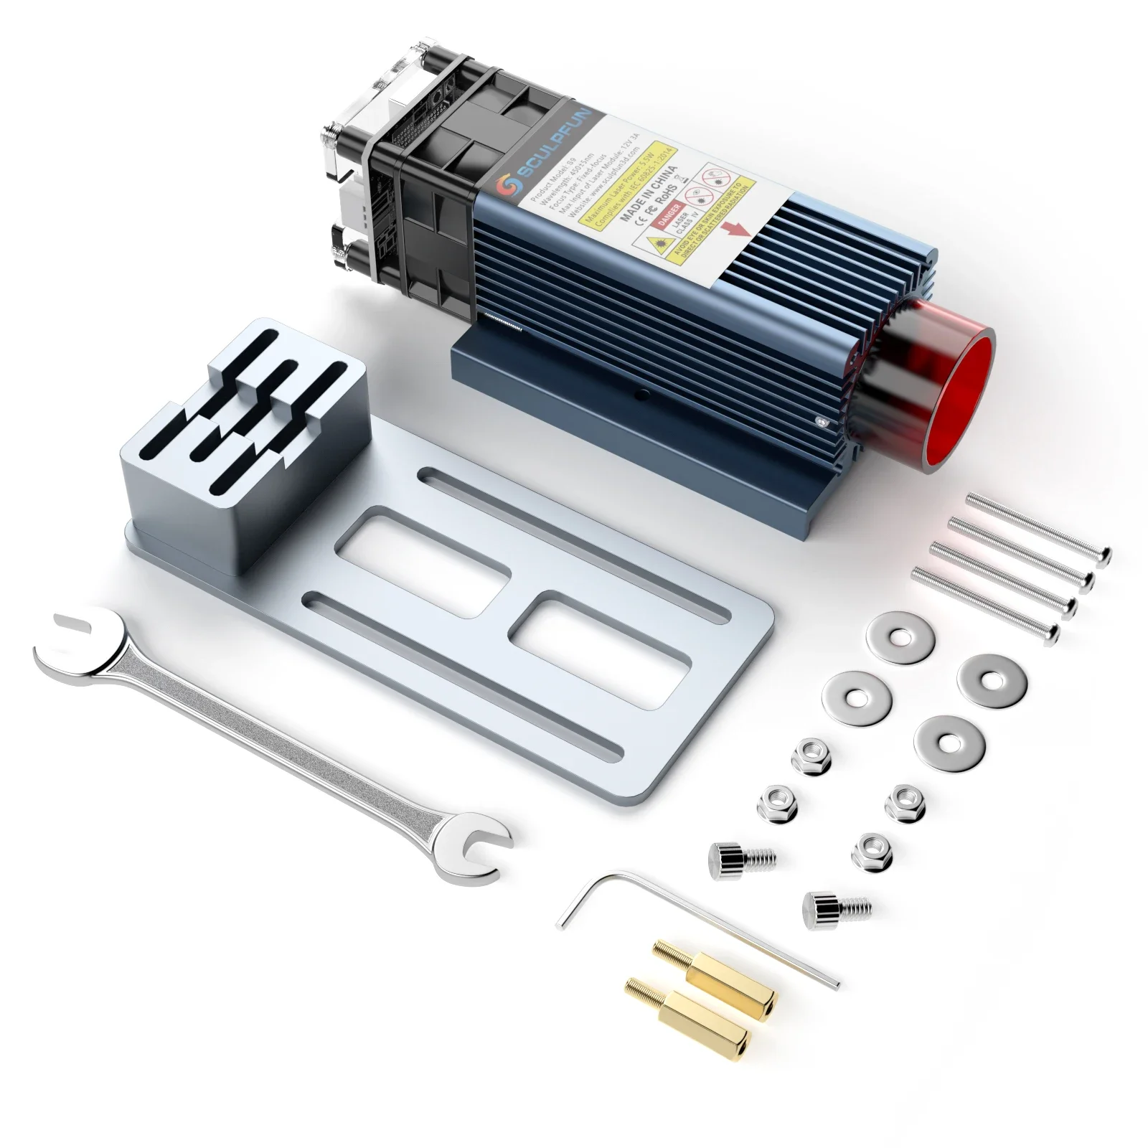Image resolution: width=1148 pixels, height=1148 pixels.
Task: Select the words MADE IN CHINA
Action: tap(649, 192)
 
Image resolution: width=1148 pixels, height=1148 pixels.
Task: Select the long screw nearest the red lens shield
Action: tap(1037, 527)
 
